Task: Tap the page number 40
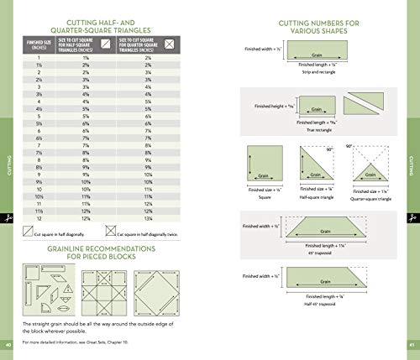[8, 345]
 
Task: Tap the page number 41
[412, 345]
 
